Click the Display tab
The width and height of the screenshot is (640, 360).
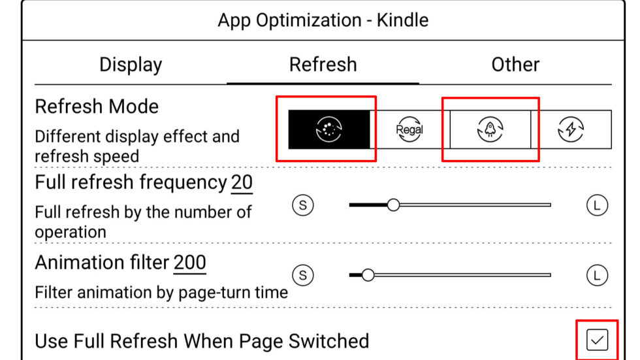point(131,65)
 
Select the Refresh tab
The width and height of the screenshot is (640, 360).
point(323,65)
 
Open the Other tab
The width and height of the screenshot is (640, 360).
point(515,65)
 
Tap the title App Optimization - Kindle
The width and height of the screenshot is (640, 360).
point(323,20)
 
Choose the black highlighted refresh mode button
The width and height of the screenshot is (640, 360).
point(330,129)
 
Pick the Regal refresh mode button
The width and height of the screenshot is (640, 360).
point(409,129)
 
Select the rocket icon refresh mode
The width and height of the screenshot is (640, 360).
point(490,129)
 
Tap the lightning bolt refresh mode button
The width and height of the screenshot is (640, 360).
point(571,129)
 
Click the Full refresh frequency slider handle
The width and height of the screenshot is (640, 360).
point(393,205)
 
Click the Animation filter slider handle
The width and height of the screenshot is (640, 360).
point(368,275)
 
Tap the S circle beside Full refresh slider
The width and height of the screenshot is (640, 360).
point(302,205)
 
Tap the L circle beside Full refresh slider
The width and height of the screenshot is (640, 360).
point(597,205)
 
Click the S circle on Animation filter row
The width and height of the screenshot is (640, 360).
point(302,275)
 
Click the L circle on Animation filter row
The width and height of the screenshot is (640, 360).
point(597,275)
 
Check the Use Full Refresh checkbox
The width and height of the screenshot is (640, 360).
point(597,340)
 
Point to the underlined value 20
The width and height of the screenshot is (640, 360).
point(242,183)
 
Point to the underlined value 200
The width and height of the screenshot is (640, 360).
point(189,262)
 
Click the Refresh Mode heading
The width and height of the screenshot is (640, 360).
point(97,106)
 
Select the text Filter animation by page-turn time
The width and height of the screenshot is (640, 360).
point(161,292)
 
